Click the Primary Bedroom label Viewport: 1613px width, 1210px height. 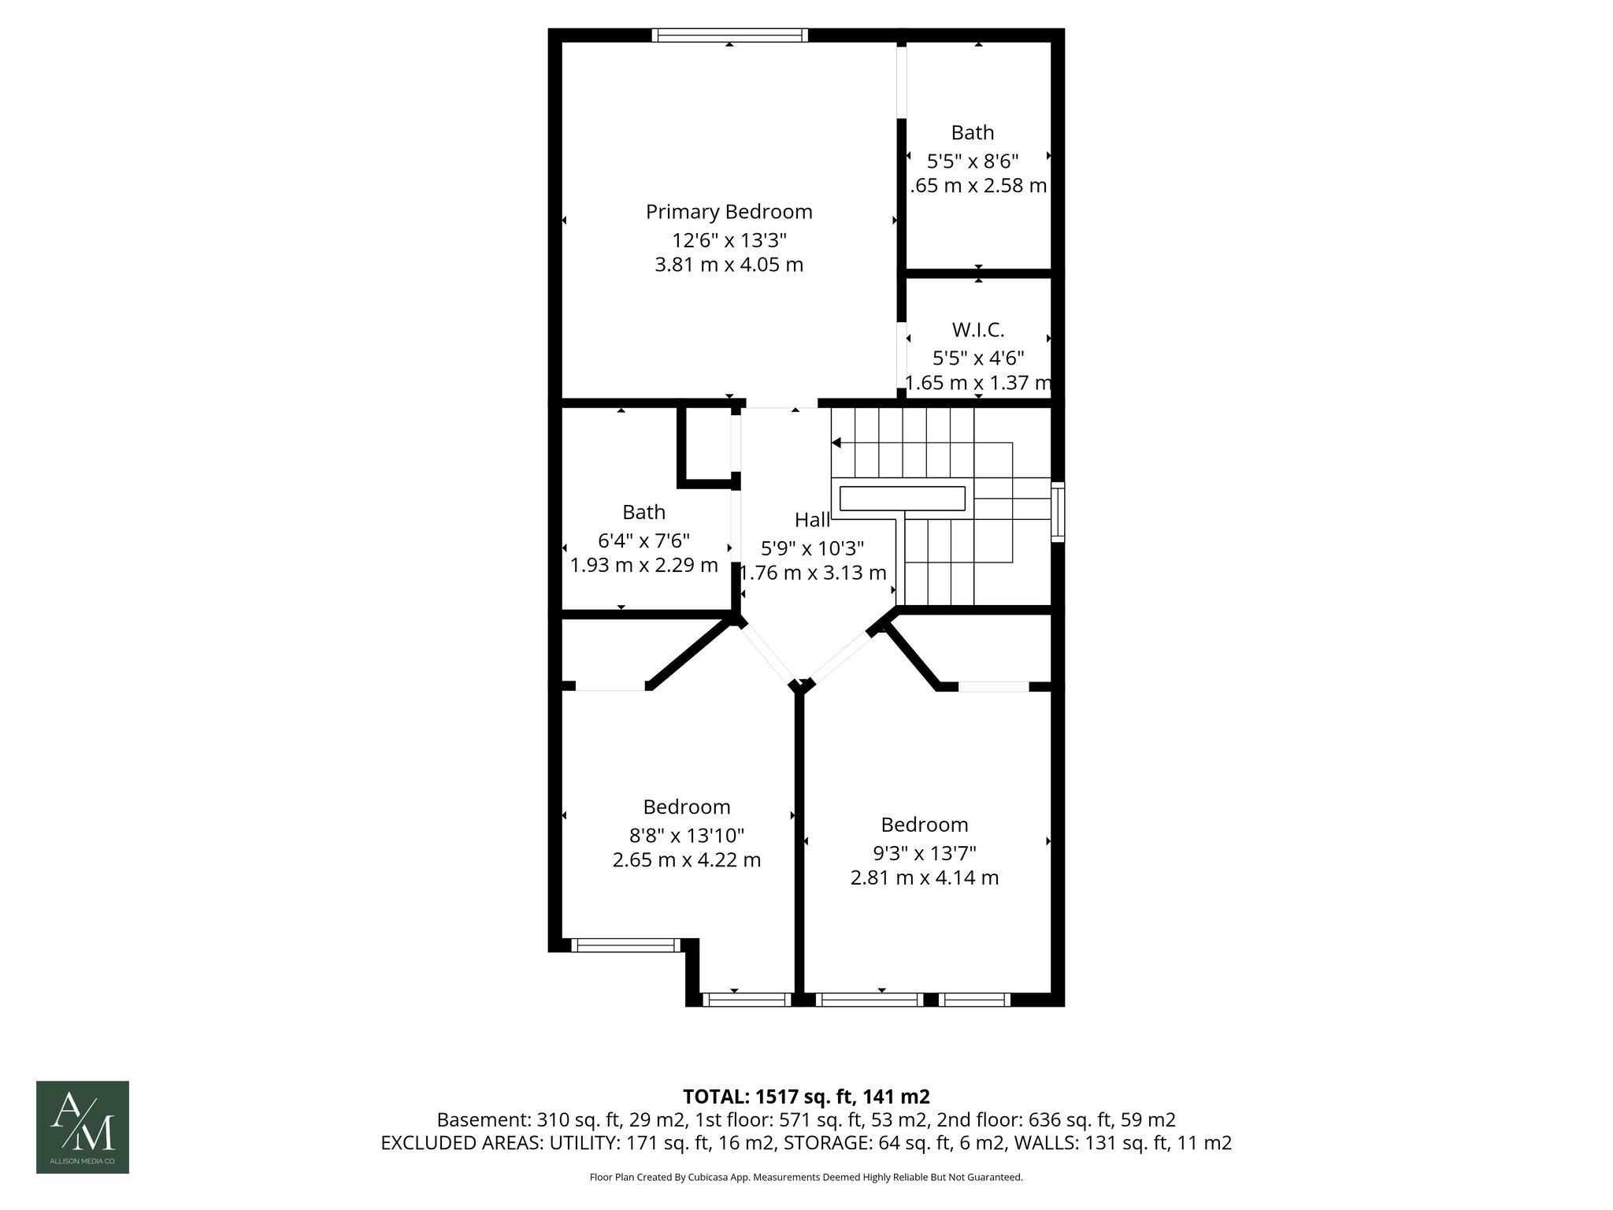[x=729, y=212]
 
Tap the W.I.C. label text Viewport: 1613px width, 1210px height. [x=978, y=330]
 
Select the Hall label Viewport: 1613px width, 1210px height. [x=812, y=520]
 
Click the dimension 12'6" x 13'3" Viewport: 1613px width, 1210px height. [x=729, y=239]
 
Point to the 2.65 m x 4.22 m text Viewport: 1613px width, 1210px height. [x=686, y=859]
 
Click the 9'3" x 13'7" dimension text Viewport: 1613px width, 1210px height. [x=924, y=852]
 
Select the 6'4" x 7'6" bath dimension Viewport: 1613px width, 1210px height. [x=643, y=540]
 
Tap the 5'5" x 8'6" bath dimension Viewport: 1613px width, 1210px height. [x=973, y=161]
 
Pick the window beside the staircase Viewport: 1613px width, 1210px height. [x=1058, y=512]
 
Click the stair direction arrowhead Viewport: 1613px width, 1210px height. [x=836, y=444]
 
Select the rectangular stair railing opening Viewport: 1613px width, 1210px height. [x=902, y=499]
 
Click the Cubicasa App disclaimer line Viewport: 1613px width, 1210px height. [x=806, y=1177]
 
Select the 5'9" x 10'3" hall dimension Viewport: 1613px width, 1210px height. [x=812, y=547]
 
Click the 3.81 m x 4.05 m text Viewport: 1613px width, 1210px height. [x=729, y=265]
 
